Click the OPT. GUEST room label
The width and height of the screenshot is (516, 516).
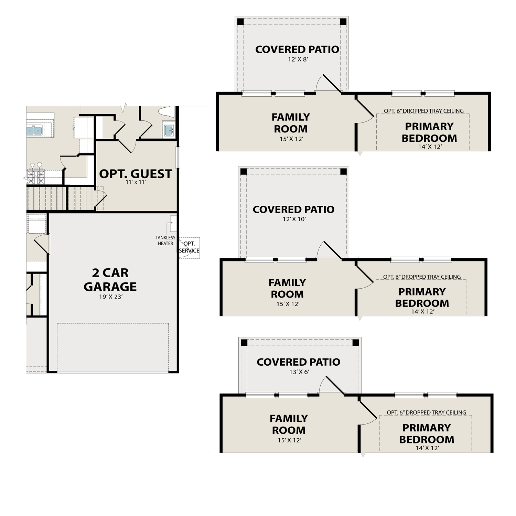136,174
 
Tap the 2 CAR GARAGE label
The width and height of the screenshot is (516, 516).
110,279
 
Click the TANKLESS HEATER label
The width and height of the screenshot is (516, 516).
165,240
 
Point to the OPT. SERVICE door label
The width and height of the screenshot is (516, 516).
189,247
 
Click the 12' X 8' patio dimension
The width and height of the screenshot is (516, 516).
298,59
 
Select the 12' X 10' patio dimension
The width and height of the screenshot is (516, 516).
294,219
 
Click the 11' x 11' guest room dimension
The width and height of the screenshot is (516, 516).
136,182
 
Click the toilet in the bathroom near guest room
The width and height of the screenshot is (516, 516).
167,111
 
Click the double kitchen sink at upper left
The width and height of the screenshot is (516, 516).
34,130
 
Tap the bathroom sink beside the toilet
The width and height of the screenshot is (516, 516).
169,130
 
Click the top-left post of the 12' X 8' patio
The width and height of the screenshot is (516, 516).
240,22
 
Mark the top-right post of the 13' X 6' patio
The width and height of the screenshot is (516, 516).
356,343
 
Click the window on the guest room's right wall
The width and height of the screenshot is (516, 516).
178,158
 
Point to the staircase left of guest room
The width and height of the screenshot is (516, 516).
60,198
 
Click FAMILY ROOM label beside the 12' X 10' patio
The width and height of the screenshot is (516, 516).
287,288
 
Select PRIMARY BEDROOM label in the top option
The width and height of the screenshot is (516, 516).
429,132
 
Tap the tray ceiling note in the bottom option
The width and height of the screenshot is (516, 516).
426,412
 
